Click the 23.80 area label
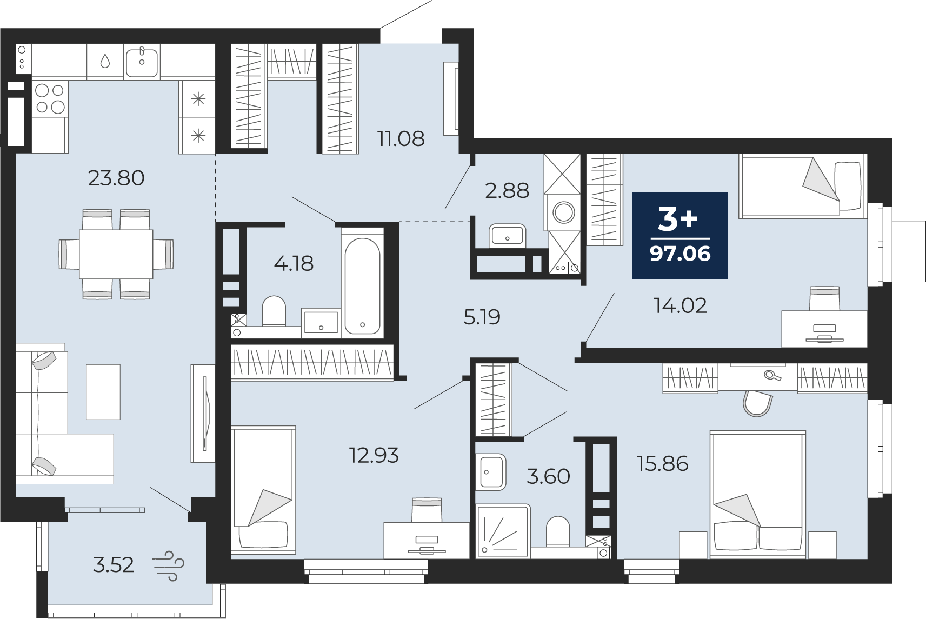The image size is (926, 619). click(x=116, y=178)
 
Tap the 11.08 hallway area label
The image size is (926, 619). click(x=401, y=139)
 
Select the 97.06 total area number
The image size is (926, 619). click(x=680, y=254)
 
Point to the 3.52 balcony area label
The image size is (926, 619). click(x=114, y=565)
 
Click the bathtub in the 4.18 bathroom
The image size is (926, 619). click(x=362, y=286)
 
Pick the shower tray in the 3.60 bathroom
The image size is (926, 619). click(x=503, y=531)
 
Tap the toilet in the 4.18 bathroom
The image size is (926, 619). click(x=274, y=311)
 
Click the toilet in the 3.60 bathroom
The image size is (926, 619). click(x=558, y=531)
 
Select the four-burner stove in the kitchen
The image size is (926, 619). click(x=50, y=99)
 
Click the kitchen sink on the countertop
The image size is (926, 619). click(x=142, y=62)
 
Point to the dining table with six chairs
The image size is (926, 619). click(x=116, y=254)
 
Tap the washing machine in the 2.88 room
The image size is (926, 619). click(x=563, y=213)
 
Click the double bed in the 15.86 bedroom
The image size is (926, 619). click(x=758, y=494)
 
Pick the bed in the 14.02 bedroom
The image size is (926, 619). click(x=803, y=185)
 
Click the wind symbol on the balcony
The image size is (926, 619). click(x=168, y=566)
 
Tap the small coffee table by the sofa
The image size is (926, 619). click(x=103, y=391)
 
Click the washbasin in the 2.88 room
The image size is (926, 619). click(x=507, y=236)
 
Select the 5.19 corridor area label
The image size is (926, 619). click(x=482, y=317)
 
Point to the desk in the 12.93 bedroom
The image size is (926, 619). click(x=427, y=541)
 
